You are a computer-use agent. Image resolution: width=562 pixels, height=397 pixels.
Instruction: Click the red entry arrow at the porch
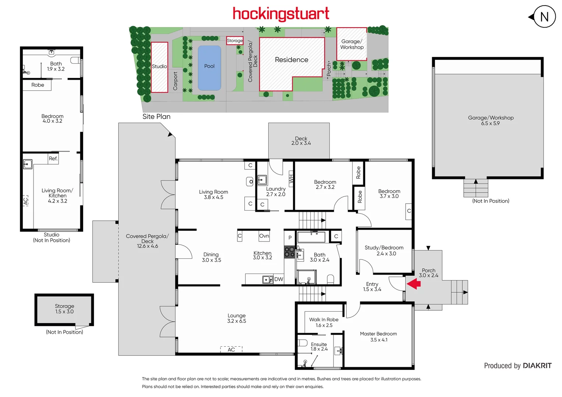(414, 284)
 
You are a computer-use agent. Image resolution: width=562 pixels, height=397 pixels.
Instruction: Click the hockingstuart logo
(281, 14)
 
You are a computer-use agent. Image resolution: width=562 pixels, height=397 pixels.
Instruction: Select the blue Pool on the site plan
(209, 68)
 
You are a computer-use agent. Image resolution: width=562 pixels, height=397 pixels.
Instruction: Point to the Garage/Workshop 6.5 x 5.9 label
(491, 120)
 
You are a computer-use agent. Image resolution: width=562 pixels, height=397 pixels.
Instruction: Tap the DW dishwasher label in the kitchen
(279, 279)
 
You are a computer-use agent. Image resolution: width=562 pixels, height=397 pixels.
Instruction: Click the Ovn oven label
(264, 236)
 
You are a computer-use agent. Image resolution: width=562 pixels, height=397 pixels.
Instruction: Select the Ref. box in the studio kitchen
(53, 158)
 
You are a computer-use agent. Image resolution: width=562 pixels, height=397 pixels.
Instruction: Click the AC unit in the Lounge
(231, 349)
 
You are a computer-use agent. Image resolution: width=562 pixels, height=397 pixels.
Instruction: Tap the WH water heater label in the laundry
(291, 179)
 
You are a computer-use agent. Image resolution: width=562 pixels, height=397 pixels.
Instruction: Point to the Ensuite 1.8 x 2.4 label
(319, 347)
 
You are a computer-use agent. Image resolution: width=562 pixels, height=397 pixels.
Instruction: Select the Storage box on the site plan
(234, 40)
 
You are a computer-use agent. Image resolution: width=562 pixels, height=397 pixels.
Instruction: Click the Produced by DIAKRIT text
(517, 366)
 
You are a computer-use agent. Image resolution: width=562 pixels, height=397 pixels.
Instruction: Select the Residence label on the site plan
(291, 60)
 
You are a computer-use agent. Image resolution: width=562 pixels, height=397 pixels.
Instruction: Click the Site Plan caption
(156, 117)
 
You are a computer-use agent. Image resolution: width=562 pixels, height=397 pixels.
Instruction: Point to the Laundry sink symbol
(262, 180)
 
